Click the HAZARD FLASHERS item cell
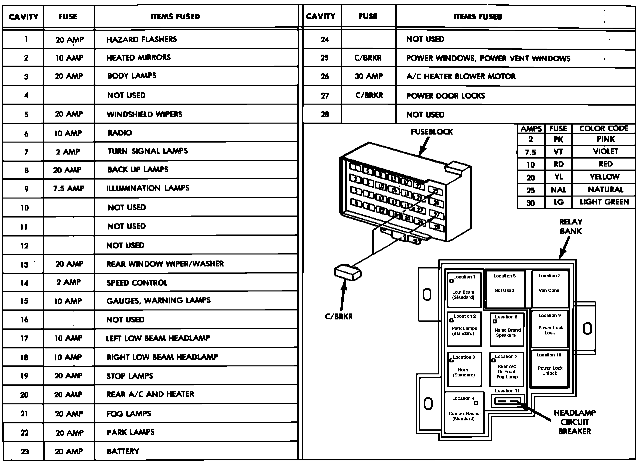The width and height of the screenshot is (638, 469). point(142,40)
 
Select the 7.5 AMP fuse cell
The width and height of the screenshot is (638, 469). point(69,189)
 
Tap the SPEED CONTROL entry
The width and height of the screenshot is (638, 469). point(137,283)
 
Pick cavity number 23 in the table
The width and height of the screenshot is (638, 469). point(24,452)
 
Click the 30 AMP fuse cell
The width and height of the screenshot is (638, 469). point(369,76)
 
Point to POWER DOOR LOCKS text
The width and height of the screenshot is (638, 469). point(446,96)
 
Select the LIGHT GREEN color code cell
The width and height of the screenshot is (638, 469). point(604,202)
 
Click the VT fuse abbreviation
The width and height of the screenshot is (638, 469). point(558,152)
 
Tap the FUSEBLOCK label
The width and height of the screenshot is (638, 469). point(432,132)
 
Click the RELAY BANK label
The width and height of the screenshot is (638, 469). point(571,227)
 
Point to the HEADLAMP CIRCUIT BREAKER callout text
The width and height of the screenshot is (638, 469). point(574,422)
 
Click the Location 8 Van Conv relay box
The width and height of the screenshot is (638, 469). point(549,289)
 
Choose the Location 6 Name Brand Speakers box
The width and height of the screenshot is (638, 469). point(507,329)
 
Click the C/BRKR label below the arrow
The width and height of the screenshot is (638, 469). point(339,317)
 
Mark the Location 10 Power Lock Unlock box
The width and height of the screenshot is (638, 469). point(549,368)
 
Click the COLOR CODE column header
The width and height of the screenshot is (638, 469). point(604,129)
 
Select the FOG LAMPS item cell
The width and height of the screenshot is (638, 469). point(129,414)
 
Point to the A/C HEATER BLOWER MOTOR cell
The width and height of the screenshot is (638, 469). point(461,77)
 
